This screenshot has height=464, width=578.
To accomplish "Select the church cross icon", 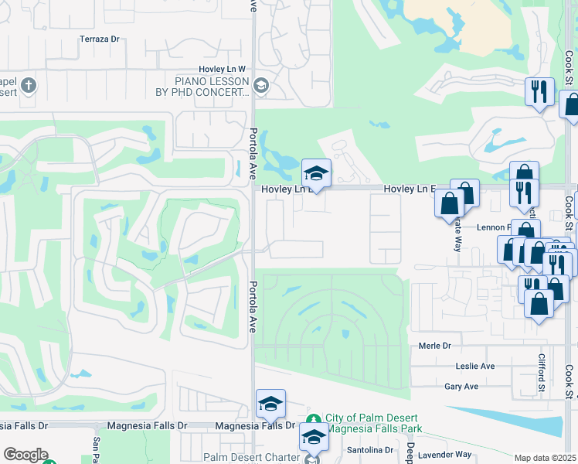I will coord(29,85).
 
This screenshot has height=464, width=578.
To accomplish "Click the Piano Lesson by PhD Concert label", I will coord(202,87).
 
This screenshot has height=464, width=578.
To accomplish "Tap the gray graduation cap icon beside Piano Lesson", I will coord(260,86).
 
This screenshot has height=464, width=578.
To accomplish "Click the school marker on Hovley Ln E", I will coord(316,173).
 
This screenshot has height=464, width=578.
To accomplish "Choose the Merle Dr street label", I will coord(434,346).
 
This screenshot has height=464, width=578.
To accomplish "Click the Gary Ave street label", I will coord(461,386).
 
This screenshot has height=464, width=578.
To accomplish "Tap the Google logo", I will coord(25,455).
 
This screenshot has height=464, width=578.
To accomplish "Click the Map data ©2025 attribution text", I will coord(545,459).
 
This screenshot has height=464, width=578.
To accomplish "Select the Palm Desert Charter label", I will coord(251,457).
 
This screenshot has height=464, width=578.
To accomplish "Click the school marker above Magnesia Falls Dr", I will coord(271,404).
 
